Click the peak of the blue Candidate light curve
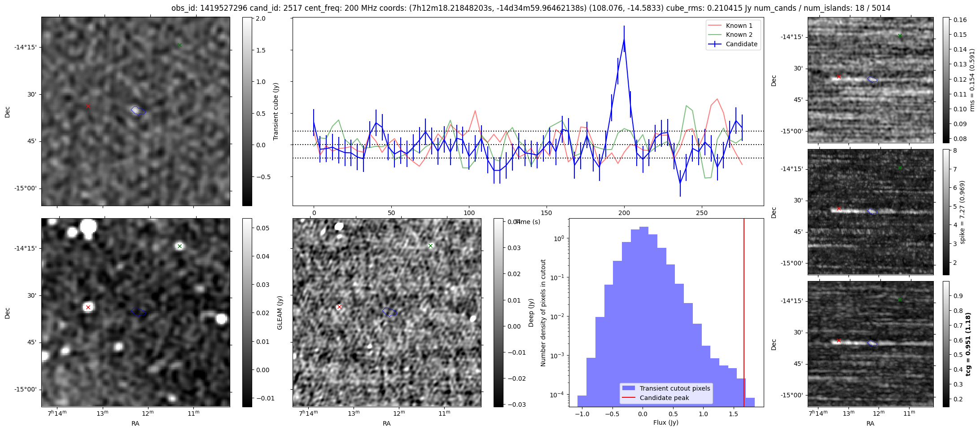[624, 39]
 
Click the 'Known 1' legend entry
[739, 26]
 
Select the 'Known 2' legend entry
[739, 35]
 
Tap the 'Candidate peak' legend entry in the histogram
[664, 398]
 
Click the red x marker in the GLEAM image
[88, 308]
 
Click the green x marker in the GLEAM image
[179, 246]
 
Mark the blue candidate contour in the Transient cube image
[138, 110]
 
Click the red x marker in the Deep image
[339, 307]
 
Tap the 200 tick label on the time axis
[624, 213]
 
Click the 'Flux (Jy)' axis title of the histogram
[666, 422]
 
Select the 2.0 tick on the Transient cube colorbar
[261, 19]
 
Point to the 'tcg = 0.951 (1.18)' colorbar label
[969, 344]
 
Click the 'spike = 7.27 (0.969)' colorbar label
[962, 212]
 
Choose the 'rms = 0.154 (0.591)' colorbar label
[972, 80]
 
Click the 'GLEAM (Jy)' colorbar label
[280, 312]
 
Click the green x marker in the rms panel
[900, 35]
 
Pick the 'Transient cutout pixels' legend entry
[675, 388]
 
